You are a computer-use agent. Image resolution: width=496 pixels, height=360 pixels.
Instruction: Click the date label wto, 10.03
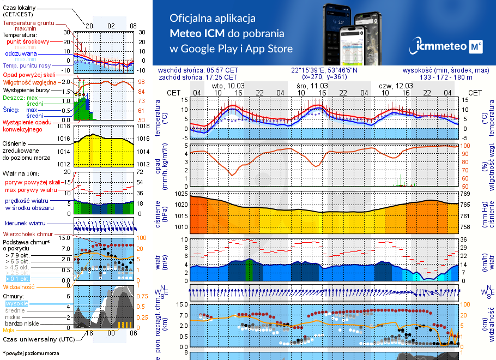coord(228,86)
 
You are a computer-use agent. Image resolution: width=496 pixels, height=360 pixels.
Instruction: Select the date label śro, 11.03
coord(312,86)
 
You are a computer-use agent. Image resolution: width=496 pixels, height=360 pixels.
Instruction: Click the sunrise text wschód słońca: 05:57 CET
coord(198,70)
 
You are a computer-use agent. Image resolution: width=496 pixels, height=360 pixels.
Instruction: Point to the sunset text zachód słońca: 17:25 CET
coord(198,77)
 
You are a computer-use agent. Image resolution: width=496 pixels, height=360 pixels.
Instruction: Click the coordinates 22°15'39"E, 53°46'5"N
coord(324,70)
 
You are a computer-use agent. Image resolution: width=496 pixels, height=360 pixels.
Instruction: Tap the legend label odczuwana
coord(21,53)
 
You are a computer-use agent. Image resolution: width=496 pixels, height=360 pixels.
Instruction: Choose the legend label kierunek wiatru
coord(25,224)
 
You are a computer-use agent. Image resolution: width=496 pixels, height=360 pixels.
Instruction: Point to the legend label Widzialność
coord(19,286)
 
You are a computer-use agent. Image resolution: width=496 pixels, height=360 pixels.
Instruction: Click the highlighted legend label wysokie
coord(16,303)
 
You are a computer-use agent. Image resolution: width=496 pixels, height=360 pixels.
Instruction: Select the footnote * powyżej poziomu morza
coord(31,353)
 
